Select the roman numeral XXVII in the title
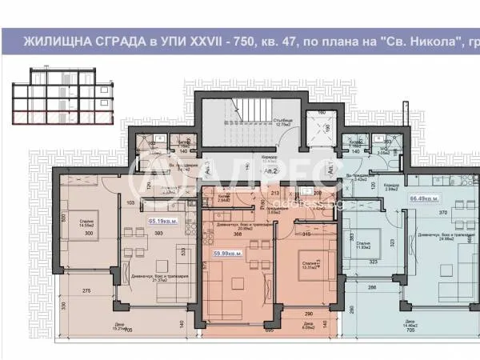click(x=230, y=40)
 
